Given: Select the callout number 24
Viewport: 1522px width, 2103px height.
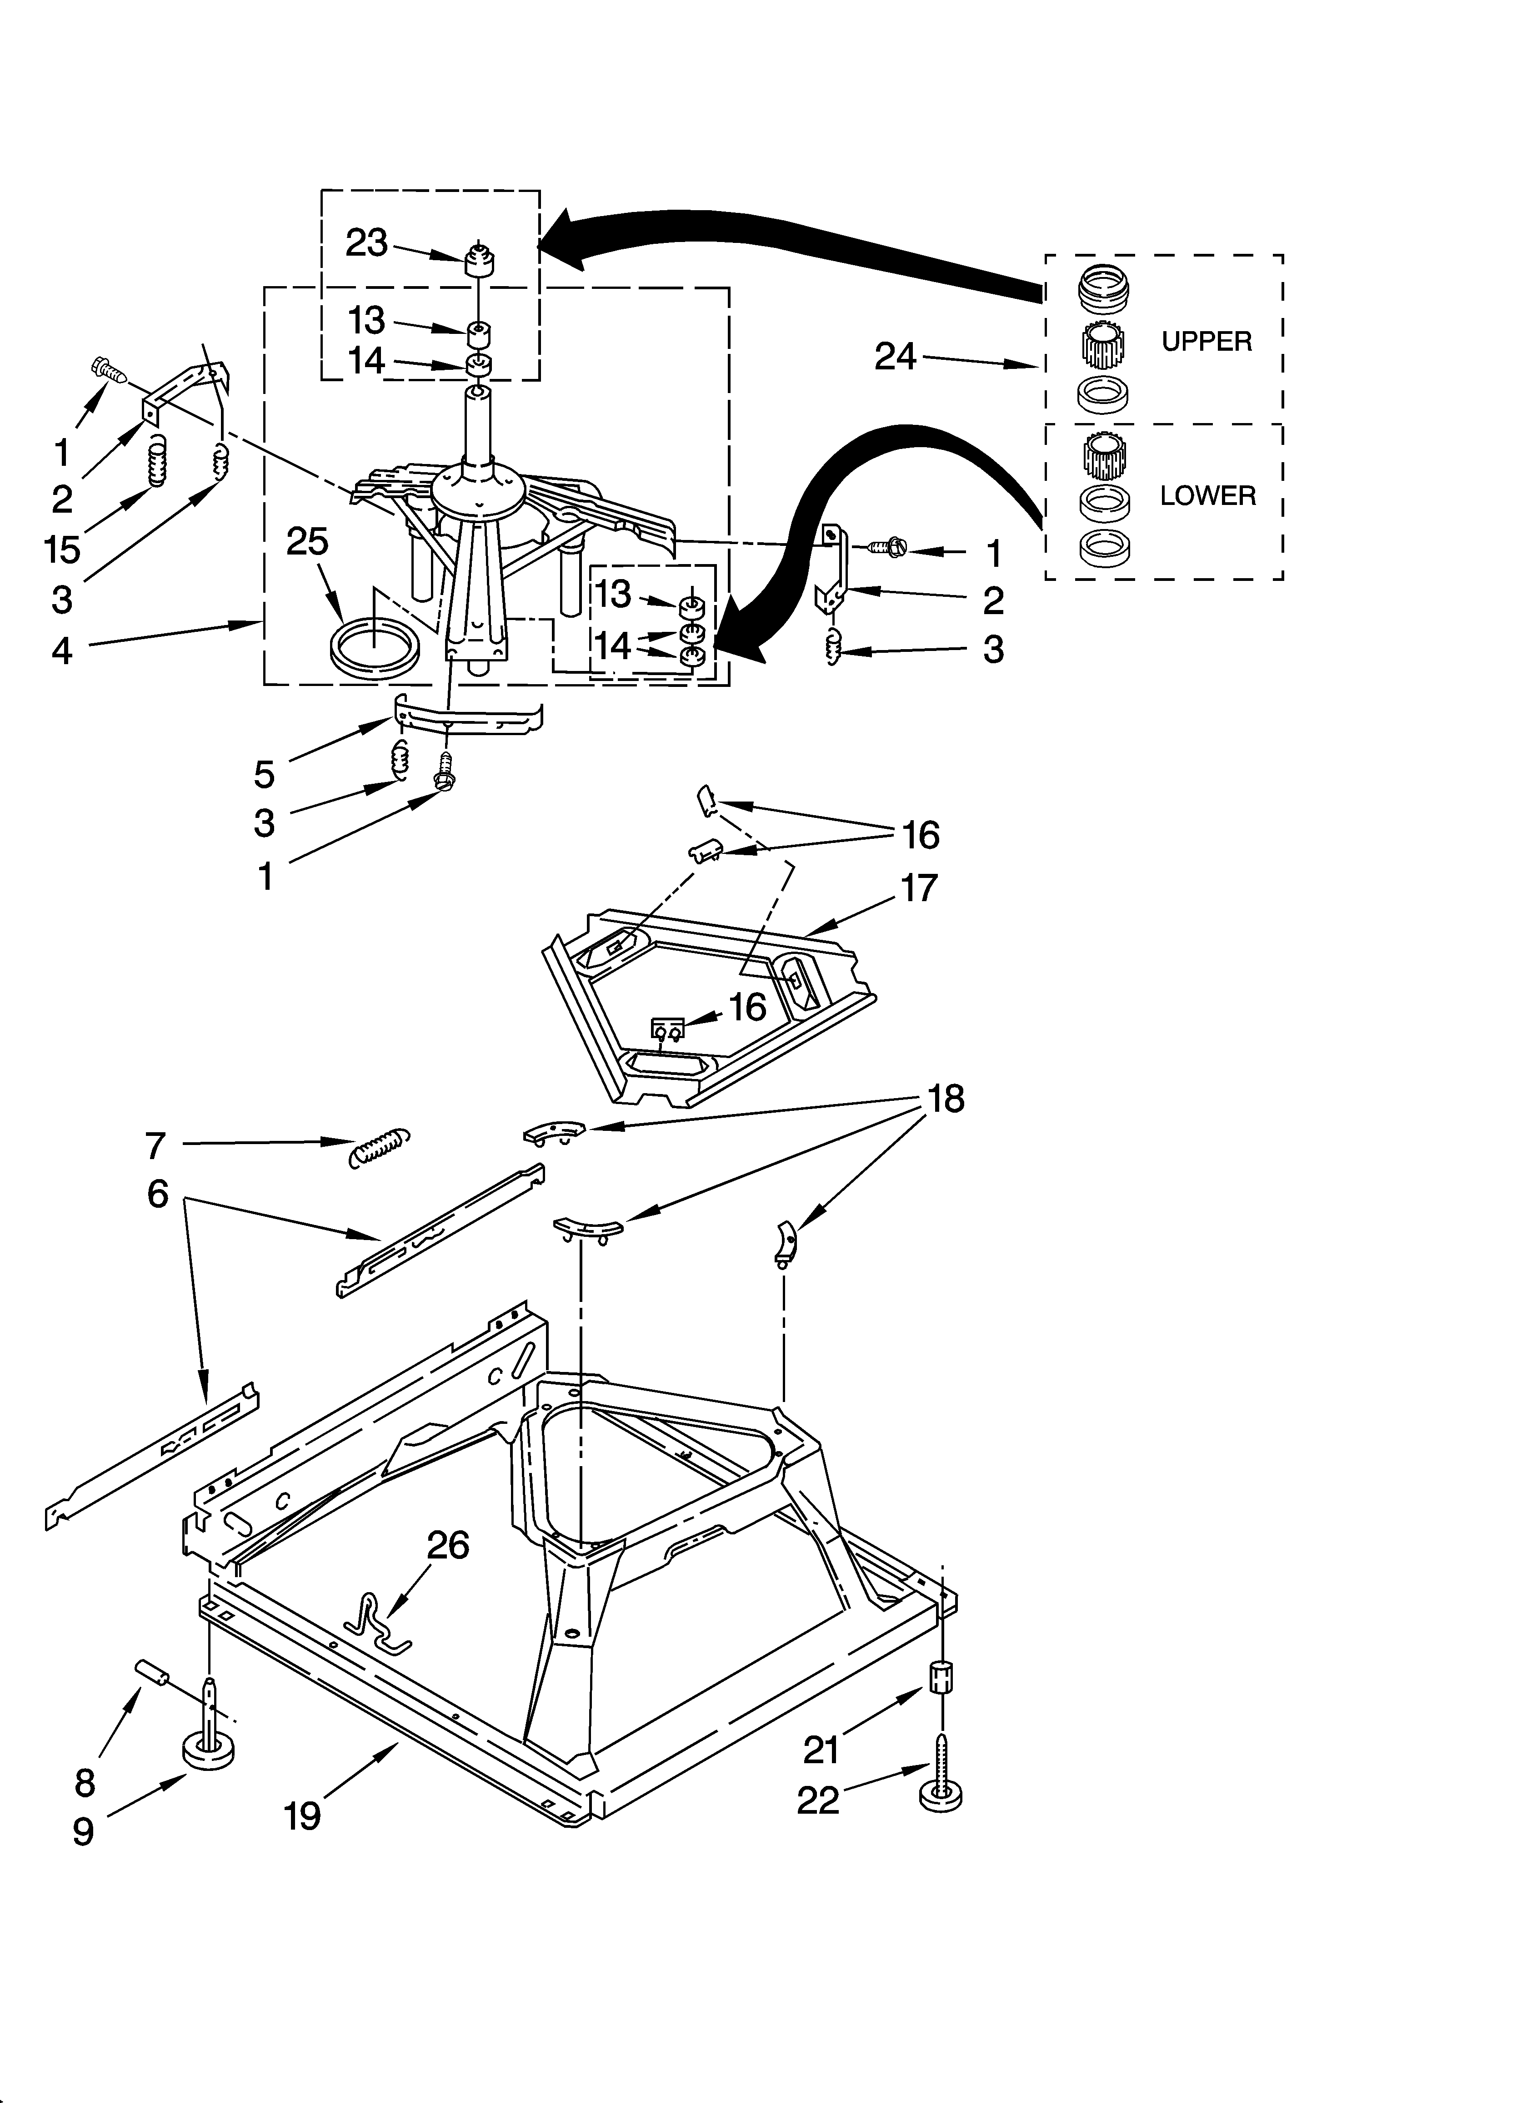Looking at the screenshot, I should coord(896,356).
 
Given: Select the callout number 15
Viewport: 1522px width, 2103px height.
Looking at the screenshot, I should coord(62,550).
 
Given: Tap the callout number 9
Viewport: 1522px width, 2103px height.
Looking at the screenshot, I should coord(84,1831).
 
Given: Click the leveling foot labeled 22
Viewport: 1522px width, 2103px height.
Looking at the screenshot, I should coord(941,1785).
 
